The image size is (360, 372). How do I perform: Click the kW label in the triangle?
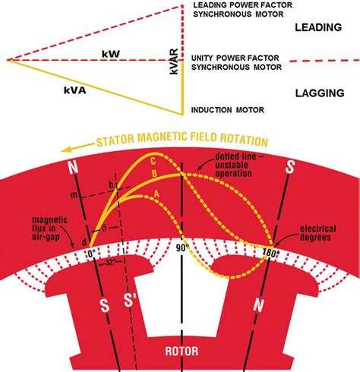(x=111, y=54)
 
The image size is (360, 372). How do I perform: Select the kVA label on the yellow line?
(x=75, y=90)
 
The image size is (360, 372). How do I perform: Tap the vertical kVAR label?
(x=174, y=61)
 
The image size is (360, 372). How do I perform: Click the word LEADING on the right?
(x=318, y=27)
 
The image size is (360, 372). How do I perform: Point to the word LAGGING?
(x=320, y=93)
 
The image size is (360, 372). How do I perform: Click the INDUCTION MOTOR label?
(x=228, y=110)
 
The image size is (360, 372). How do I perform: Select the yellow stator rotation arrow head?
(x=66, y=150)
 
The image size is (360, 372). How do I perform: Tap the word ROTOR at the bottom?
(x=182, y=352)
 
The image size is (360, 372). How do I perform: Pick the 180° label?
(x=271, y=253)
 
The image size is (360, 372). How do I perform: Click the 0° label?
(x=92, y=254)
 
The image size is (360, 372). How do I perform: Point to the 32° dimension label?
(x=110, y=263)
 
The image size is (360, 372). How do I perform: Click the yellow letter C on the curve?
(x=153, y=161)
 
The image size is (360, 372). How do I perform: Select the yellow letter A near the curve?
(x=156, y=194)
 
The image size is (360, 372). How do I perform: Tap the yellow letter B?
(x=154, y=174)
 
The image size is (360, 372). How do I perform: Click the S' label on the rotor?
(x=130, y=300)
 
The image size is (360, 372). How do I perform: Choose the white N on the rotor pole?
(x=258, y=305)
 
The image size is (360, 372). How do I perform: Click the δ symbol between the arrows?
(x=105, y=228)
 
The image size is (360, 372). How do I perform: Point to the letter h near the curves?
(x=111, y=185)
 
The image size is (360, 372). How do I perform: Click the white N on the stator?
(x=73, y=167)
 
